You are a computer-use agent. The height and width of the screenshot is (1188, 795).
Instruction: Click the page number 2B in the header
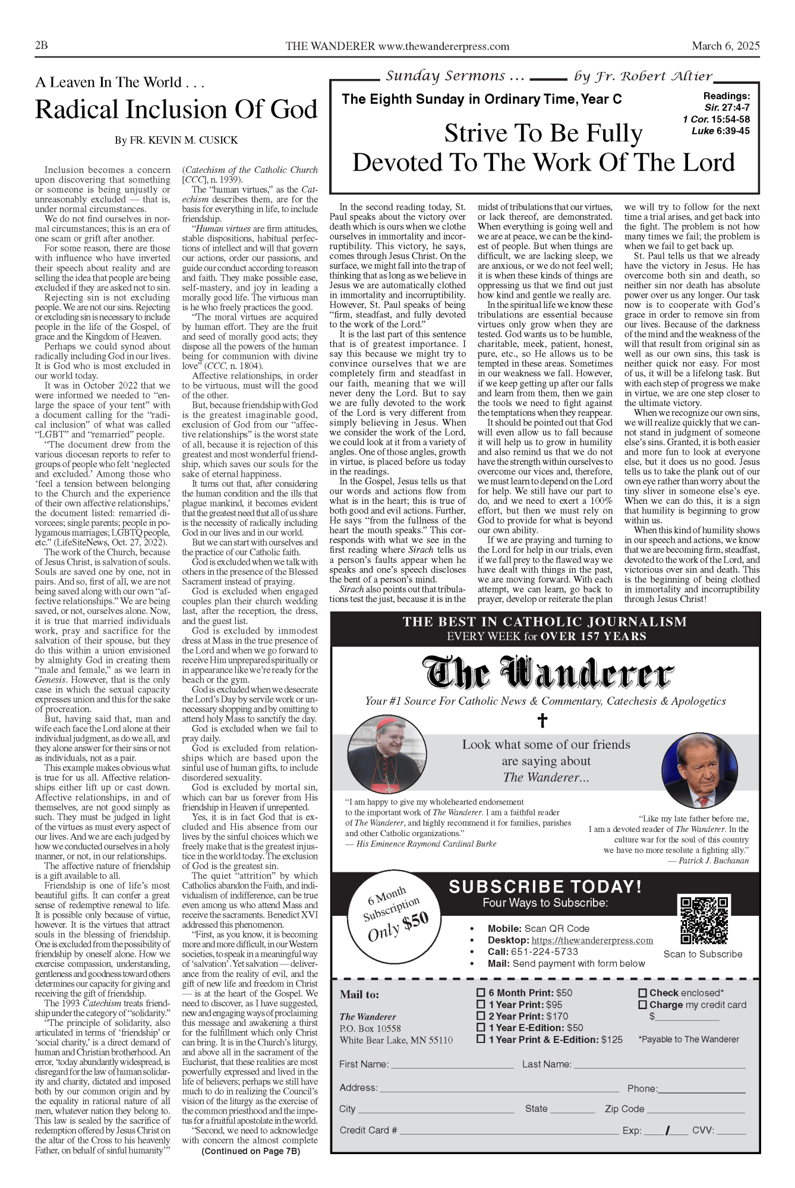[x=42, y=46]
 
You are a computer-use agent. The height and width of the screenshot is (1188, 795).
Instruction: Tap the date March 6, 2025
[x=725, y=46]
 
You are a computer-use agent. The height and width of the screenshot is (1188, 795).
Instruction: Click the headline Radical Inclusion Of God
[x=176, y=110]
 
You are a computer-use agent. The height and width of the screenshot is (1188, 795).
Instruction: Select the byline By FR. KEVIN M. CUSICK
[x=176, y=140]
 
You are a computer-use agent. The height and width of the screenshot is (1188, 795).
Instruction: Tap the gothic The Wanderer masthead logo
[x=547, y=673]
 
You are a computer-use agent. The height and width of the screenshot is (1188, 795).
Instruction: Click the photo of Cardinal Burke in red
[x=387, y=755]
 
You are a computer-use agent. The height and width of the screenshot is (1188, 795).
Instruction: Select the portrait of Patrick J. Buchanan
[x=699, y=770]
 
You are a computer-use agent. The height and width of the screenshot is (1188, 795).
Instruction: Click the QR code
[x=703, y=921]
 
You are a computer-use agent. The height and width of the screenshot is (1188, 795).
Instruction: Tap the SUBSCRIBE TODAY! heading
[x=545, y=887]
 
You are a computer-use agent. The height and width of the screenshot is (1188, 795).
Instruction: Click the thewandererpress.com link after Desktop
[x=592, y=940]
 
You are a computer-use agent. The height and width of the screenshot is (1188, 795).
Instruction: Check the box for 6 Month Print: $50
[x=481, y=992]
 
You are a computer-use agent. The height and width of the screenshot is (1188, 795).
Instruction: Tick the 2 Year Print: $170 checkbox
[x=481, y=1016]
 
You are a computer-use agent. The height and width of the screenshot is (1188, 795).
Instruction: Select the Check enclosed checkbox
[x=642, y=992]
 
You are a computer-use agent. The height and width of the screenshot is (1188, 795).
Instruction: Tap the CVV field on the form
[x=731, y=1132]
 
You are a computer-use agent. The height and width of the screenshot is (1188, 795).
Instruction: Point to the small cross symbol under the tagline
[x=542, y=720]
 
